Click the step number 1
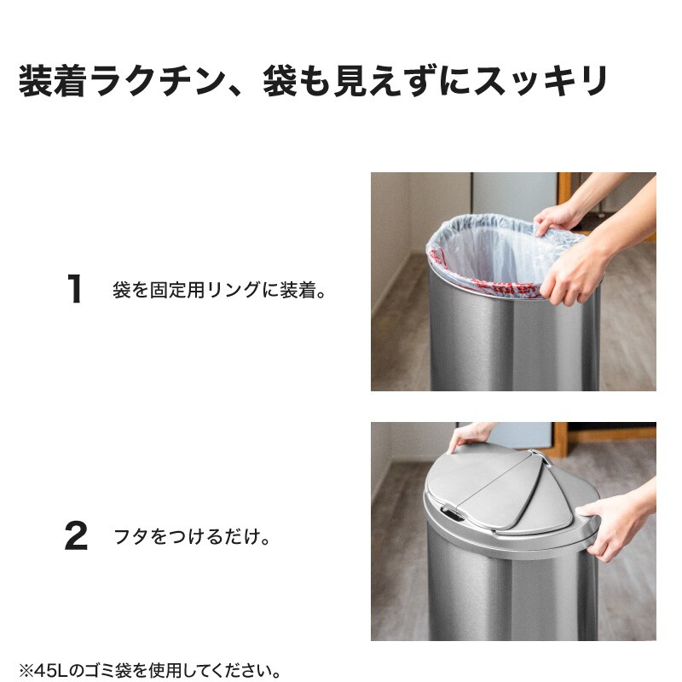pyautogui.click(x=76, y=289)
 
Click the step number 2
pyautogui.click(x=76, y=536)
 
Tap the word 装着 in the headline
pyautogui.click(x=52, y=81)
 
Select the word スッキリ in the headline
pyautogui.click(x=540, y=81)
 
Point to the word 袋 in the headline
pyautogui.click(x=280, y=81)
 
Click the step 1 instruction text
pyautogui.click(x=219, y=290)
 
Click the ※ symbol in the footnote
pyautogui.click(x=26, y=671)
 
